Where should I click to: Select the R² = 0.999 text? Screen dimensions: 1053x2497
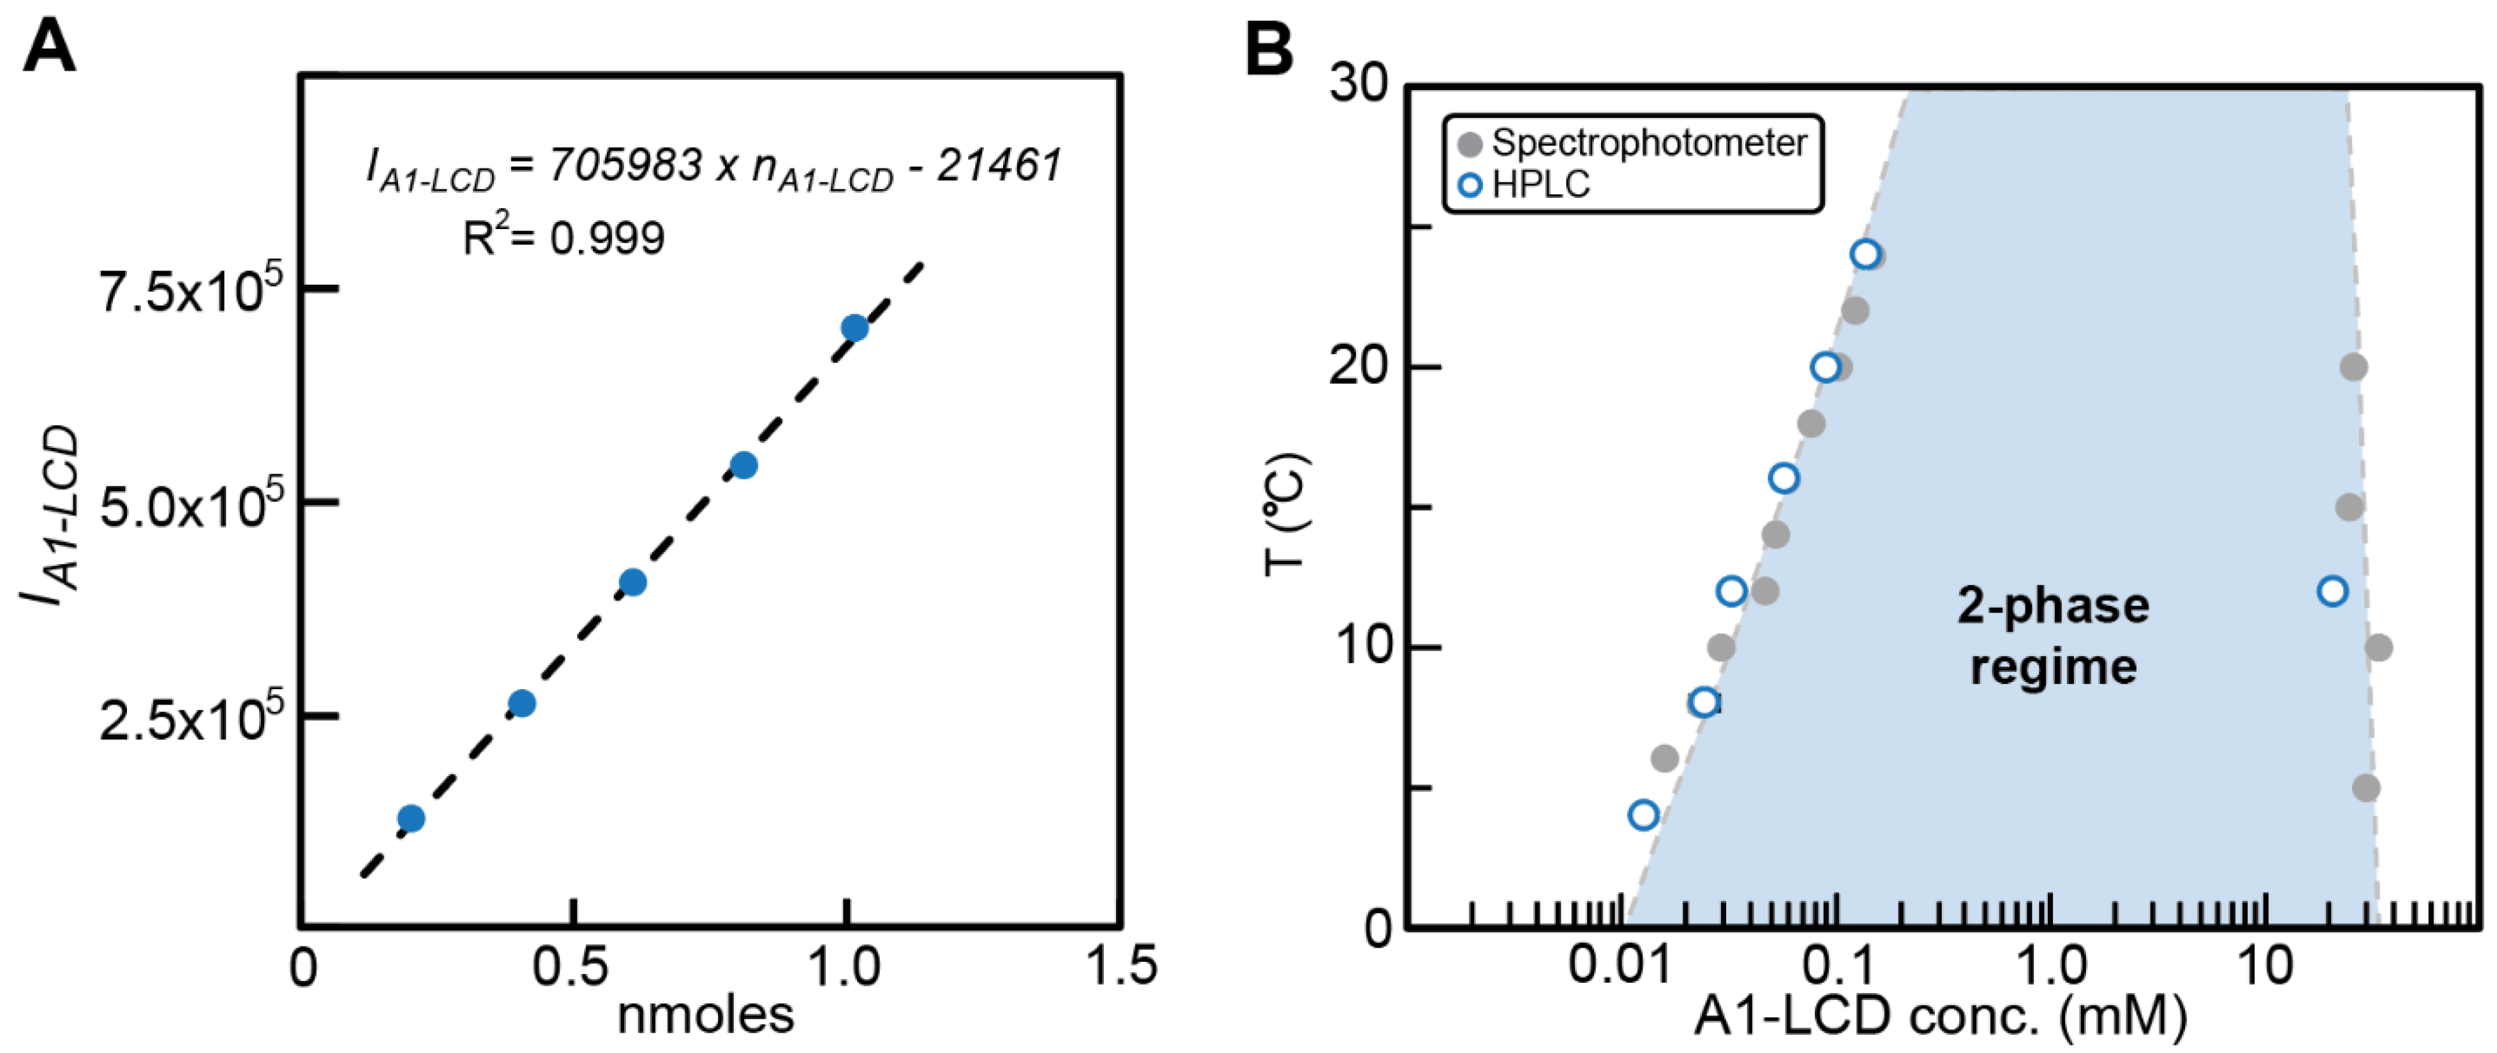pos(564,237)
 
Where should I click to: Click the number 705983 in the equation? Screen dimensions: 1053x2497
pos(625,166)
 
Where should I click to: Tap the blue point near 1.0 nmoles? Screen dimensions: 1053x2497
pos(854,328)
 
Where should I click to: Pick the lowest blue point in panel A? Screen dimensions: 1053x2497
pos(411,818)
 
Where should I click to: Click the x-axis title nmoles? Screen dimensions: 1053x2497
pos(706,1015)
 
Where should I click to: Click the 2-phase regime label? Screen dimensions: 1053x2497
pos(2053,636)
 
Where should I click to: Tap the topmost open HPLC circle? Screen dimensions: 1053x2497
pos(1865,254)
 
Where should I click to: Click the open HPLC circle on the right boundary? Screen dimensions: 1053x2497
pos(2332,590)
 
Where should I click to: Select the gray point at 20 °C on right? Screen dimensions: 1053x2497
pos(2353,368)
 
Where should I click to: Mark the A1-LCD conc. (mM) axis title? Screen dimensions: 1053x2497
pos(1941,1015)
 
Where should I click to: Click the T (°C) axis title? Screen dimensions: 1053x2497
pos(1286,514)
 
